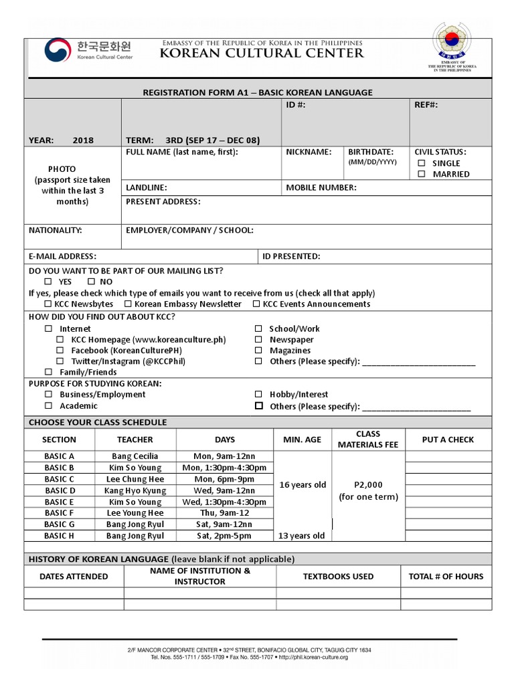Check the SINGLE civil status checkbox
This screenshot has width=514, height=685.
[422, 163]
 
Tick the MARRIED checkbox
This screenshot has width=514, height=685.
[422, 174]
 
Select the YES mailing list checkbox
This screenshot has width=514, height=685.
[48, 282]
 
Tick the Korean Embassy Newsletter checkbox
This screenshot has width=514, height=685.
[128, 304]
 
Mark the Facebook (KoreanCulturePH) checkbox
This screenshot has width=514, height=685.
[60, 351]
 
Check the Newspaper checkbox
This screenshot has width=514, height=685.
[258, 340]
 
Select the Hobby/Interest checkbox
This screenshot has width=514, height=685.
[258, 395]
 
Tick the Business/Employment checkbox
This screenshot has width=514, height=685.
[48, 395]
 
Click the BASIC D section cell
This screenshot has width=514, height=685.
[60, 490]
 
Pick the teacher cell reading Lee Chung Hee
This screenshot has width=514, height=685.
[135, 479]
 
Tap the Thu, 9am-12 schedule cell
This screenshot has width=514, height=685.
[225, 513]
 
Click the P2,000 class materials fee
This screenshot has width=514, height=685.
[367, 485]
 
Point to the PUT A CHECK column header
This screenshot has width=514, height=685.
[448, 439]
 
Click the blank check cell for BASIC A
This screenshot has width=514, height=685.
[448, 456]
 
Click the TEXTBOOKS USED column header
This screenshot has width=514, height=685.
[338, 576]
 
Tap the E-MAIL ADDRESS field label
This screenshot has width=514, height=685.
[62, 256]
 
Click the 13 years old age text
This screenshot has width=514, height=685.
[302, 536]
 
